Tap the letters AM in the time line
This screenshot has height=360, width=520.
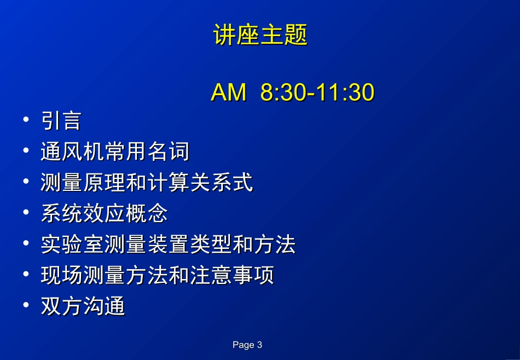pyautogui.click(x=228, y=93)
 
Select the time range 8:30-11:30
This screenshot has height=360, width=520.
pyautogui.click(x=317, y=93)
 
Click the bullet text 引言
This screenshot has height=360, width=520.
pyautogui.click(x=61, y=121)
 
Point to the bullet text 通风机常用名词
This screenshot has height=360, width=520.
pyautogui.click(x=115, y=152)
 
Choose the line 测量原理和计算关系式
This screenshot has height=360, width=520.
pyautogui.click(x=147, y=183)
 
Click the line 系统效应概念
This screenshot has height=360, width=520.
pyautogui.click(x=104, y=213)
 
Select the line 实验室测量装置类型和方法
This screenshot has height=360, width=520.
pyautogui.click(x=168, y=245)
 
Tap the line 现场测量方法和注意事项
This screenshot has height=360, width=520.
pyautogui.click(x=157, y=275)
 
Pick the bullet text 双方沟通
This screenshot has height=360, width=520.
pyautogui.click(x=83, y=306)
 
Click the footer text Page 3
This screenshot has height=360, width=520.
pyautogui.click(x=247, y=345)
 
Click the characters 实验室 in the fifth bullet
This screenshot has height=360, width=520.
pyautogui.click(x=72, y=245)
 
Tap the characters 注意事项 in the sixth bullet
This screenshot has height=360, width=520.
pyautogui.click(x=232, y=275)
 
